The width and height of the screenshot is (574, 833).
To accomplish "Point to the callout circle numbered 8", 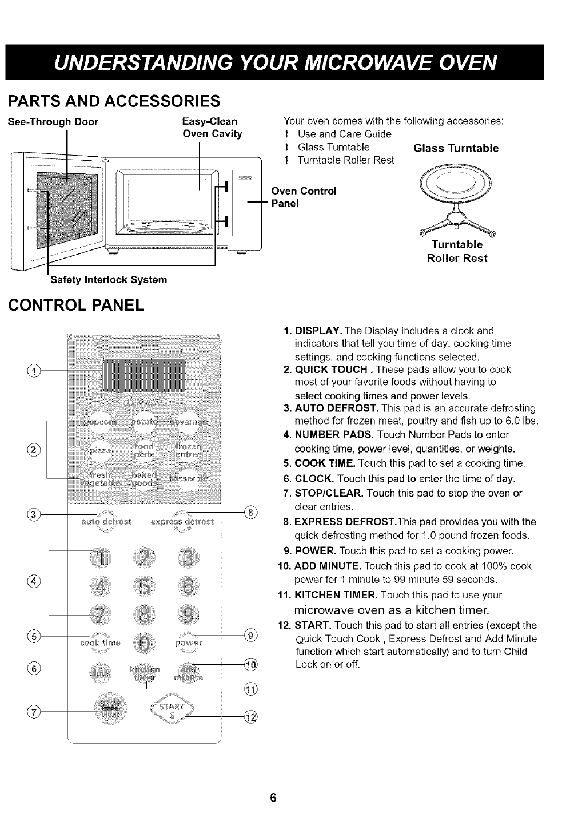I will tap(250, 512).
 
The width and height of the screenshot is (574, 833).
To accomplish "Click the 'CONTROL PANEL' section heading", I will tap(76, 304).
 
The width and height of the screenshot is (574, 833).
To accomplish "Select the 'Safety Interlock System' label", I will tap(109, 280).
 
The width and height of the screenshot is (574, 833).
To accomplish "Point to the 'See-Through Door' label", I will tap(52, 122).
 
